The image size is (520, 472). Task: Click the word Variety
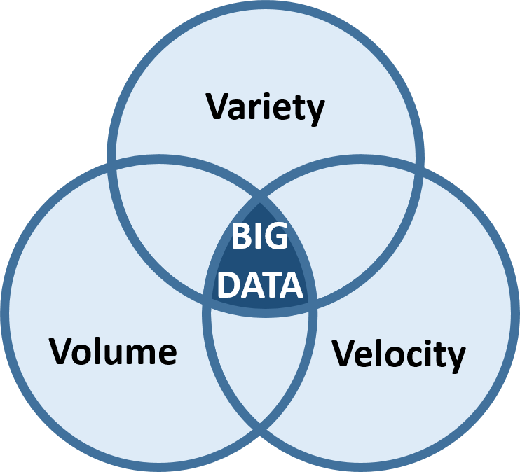[266, 108]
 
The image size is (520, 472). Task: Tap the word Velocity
[398, 354]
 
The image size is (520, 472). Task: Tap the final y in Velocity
[456, 357]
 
